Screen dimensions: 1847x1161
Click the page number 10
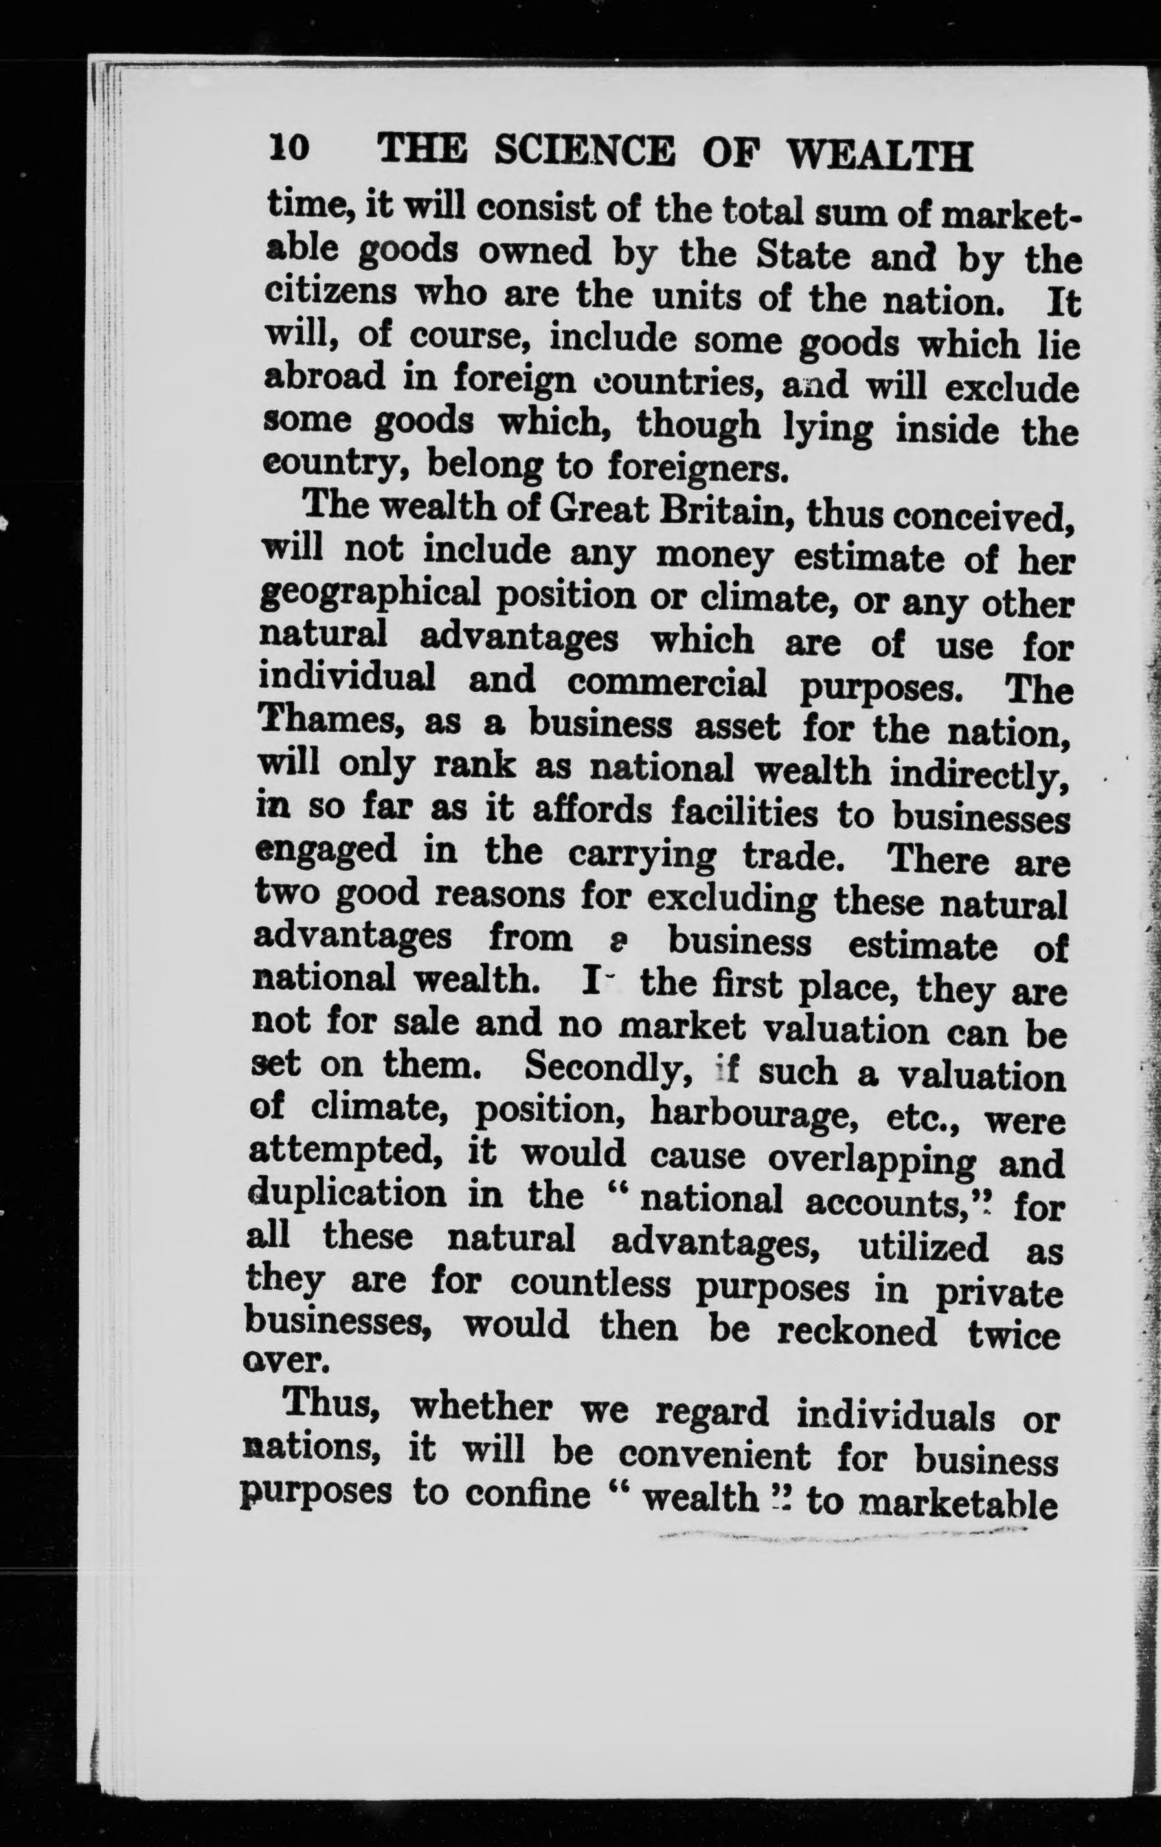point(289,148)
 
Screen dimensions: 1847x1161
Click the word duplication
point(348,1196)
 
